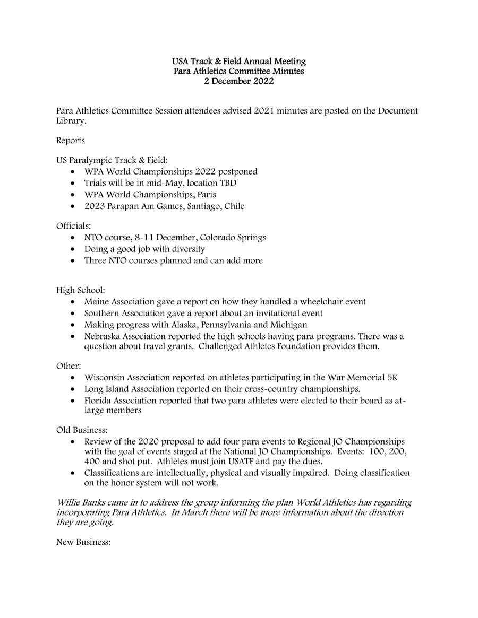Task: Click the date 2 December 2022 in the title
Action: click(x=239, y=82)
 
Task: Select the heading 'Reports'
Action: click(x=71, y=141)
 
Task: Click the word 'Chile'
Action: click(x=234, y=206)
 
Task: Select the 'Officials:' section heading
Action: click(x=74, y=226)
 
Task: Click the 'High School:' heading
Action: click(x=81, y=290)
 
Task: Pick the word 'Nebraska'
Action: click(x=101, y=336)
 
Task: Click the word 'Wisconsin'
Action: click(x=103, y=378)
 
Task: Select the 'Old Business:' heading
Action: click(x=82, y=430)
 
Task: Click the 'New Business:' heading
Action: click(x=83, y=543)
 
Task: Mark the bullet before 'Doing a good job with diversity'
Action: click(x=73, y=249)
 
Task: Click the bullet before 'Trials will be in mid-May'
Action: click(x=73, y=184)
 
